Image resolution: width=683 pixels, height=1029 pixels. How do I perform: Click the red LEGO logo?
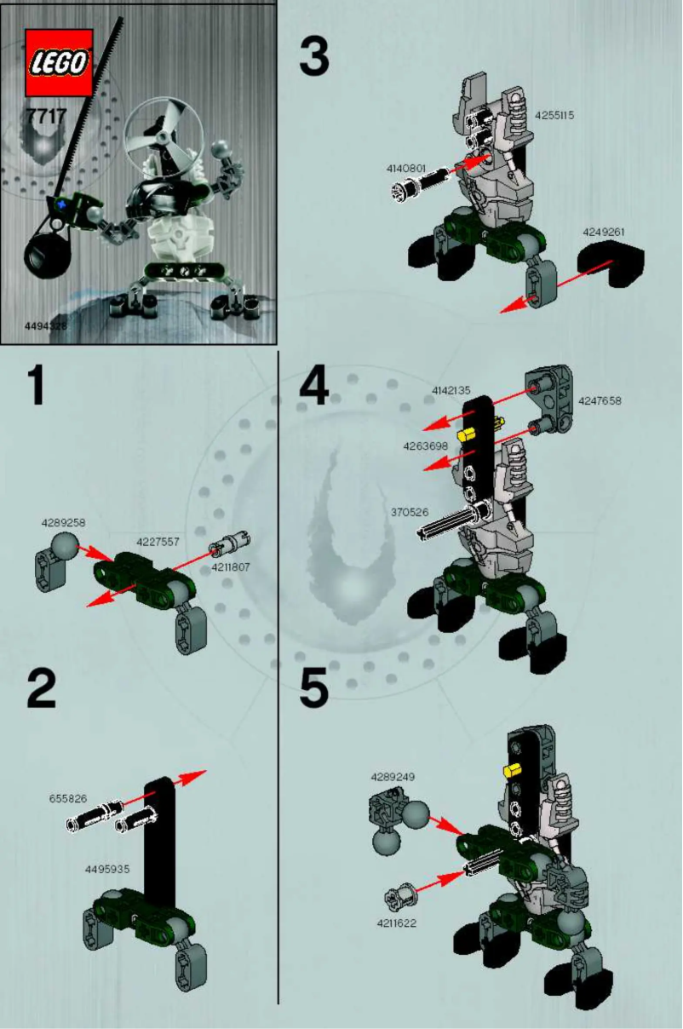pyautogui.click(x=59, y=62)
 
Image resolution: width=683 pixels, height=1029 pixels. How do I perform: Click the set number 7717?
pyautogui.click(x=46, y=117)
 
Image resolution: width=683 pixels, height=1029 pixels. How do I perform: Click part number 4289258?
pyautogui.click(x=63, y=522)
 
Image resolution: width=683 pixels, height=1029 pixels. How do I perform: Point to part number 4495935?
pyautogui.click(x=108, y=869)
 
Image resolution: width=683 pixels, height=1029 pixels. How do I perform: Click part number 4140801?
pyautogui.click(x=405, y=169)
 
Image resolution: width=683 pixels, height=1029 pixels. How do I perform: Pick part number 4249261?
pyautogui.click(x=604, y=231)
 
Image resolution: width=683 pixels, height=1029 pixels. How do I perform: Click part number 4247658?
pyautogui.click(x=600, y=400)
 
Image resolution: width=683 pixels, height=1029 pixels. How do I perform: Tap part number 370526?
pyautogui.click(x=409, y=513)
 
